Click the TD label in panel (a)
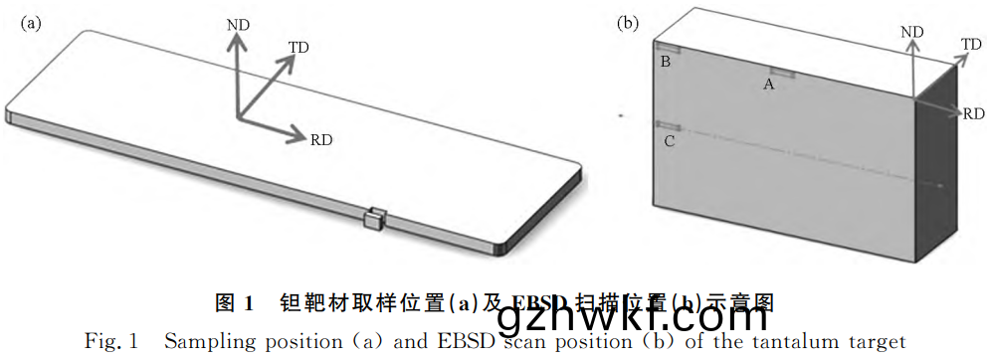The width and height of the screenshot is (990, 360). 298,46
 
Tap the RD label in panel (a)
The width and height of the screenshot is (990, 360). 321,139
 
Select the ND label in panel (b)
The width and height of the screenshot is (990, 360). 911,33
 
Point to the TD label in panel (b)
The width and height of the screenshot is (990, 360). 970,44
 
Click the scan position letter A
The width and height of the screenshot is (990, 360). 768,86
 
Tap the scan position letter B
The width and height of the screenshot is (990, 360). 666,63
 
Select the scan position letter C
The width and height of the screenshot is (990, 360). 669,142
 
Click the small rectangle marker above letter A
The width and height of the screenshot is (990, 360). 777,72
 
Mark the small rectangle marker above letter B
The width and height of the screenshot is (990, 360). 667,48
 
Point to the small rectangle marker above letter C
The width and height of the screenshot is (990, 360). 668,125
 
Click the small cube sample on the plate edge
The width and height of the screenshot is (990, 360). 374,218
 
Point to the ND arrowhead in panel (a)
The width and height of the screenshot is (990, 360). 236,39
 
